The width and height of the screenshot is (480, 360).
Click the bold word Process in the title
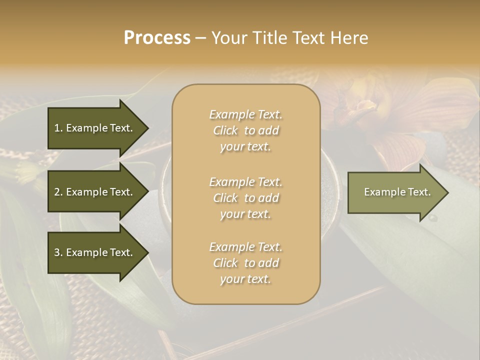coord(157,38)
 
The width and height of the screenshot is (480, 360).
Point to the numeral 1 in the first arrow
coord(57,128)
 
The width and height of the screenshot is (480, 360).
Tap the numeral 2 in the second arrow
coord(57,192)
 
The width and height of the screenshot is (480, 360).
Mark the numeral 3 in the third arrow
coord(57,252)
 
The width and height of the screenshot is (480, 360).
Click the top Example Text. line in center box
coord(246,114)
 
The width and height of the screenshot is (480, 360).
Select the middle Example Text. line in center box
coord(246,182)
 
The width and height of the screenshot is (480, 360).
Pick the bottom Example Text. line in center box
coord(246,247)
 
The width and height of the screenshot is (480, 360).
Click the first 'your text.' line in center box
coord(245,147)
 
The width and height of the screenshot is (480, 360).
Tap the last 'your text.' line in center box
coord(245,279)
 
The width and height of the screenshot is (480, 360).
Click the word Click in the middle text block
coord(225,198)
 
